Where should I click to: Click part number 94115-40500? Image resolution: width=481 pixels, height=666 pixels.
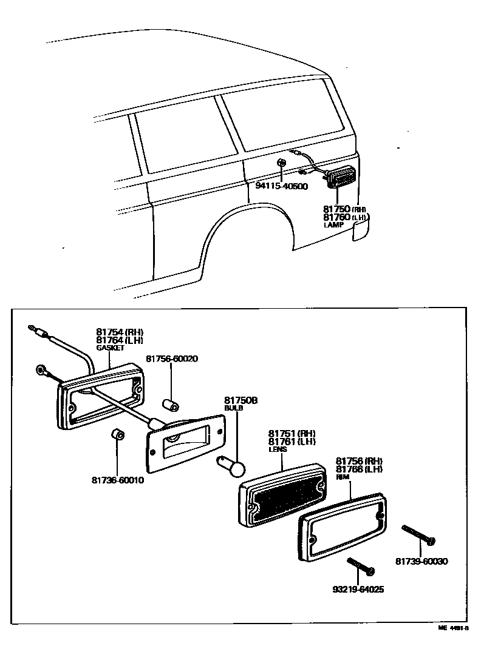[281, 186]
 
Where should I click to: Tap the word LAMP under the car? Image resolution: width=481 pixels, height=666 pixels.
[333, 224]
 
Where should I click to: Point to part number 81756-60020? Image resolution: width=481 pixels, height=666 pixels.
[171, 358]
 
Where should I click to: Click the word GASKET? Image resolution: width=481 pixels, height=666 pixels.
[109, 348]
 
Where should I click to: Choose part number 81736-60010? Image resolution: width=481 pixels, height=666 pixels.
[118, 480]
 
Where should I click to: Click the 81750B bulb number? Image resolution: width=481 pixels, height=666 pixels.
[241, 401]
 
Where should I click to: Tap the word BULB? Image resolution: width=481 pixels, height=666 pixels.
[234, 409]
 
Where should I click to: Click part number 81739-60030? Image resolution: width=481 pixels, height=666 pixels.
[421, 562]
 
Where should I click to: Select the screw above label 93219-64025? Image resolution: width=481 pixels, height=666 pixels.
[361, 567]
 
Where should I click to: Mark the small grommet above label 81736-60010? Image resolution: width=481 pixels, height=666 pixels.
[118, 435]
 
